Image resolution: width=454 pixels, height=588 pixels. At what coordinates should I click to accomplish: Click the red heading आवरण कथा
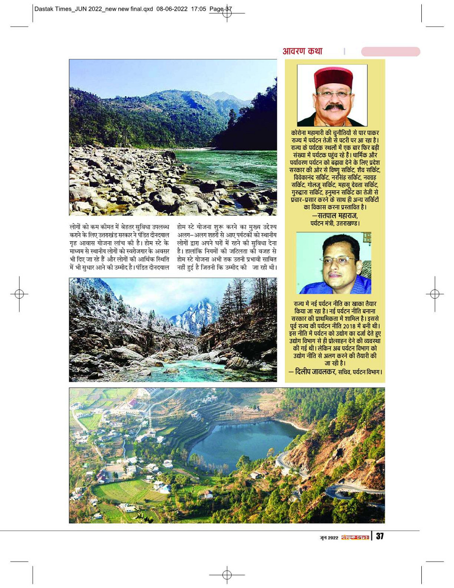pos(302,51)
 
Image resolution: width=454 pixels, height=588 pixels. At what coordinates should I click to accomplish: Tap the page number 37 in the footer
pos(379,536)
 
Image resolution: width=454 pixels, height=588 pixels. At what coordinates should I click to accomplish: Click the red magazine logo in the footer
pos(355,537)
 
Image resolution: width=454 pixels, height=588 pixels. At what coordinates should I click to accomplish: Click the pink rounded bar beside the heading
pos(390,51)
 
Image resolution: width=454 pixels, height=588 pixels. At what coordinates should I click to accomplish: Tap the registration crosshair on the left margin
pos(19,294)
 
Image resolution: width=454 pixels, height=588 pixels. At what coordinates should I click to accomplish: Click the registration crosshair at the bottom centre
pos(227,574)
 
